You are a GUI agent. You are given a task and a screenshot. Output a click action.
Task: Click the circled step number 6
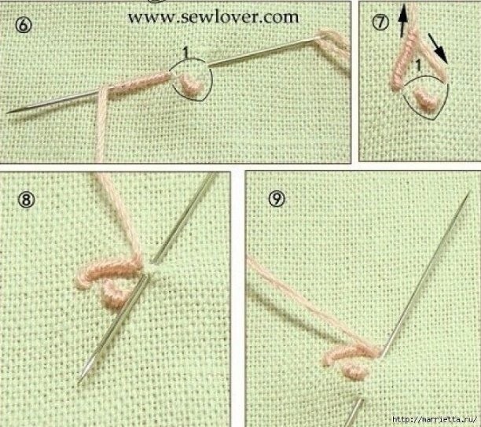point(24,25)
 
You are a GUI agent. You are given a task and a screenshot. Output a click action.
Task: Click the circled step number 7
point(380,22)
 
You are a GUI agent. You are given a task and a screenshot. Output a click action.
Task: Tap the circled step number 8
point(26,201)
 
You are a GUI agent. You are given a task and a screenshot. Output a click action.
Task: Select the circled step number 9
point(277,199)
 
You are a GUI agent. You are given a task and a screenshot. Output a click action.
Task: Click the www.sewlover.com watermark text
point(213,17)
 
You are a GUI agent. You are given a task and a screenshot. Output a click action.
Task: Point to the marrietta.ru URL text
point(435,419)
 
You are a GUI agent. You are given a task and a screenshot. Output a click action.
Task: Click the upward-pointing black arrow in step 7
point(402,21)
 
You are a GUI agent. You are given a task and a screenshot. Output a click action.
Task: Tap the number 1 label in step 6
point(185,53)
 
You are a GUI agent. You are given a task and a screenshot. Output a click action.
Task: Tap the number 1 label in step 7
point(417,66)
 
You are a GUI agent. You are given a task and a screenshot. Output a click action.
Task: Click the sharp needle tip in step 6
point(7,112)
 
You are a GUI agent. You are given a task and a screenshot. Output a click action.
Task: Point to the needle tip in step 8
point(79,382)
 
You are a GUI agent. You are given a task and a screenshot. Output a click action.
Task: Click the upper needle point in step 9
point(469,191)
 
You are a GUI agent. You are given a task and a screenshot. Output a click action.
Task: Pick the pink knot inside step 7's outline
point(425,98)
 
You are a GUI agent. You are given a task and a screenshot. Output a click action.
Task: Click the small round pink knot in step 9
point(355,372)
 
